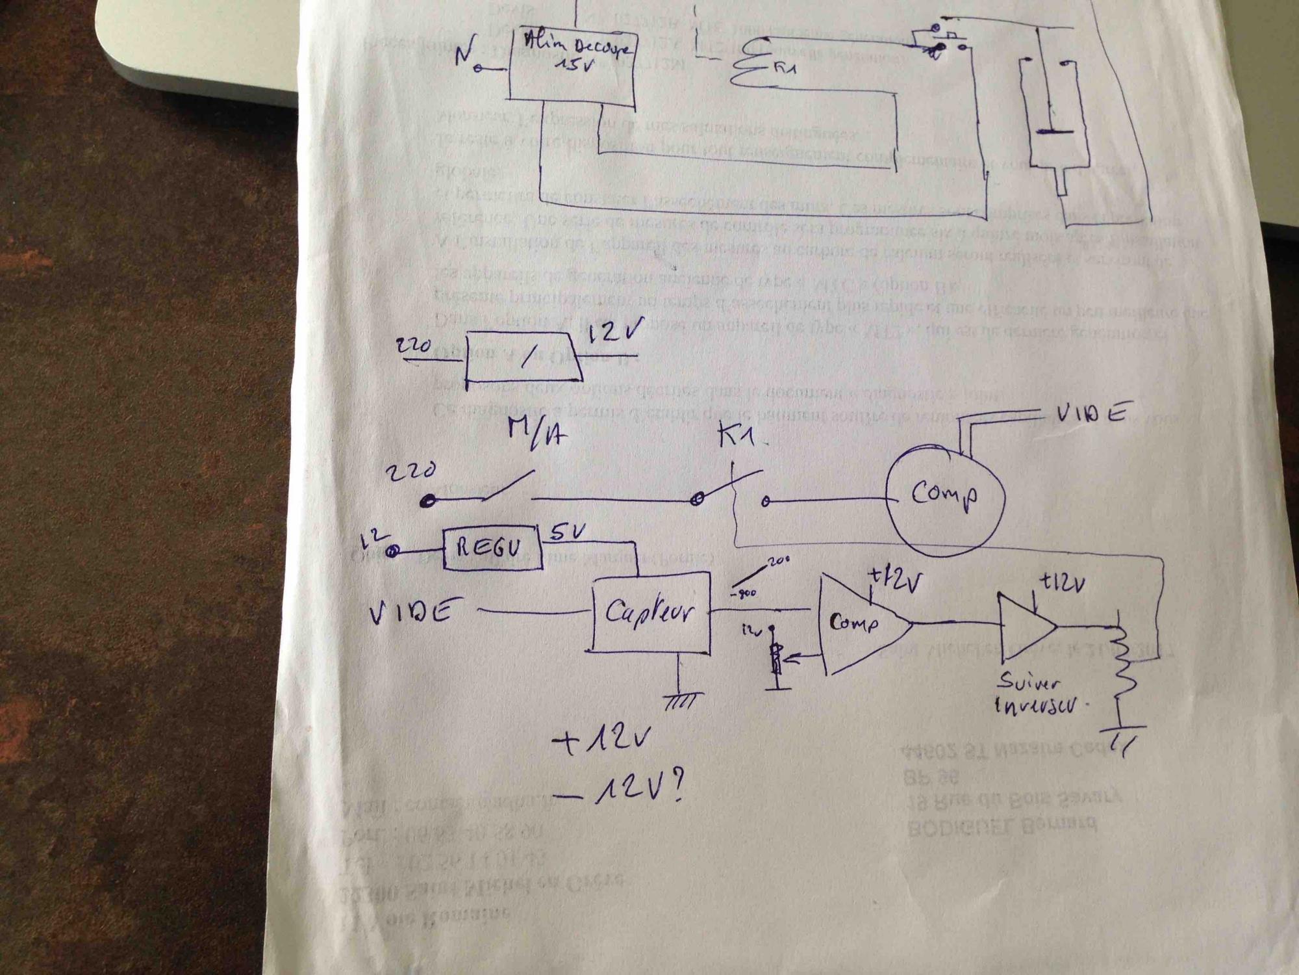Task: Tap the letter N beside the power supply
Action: [x=463, y=58]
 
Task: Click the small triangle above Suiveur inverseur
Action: [x=1026, y=627]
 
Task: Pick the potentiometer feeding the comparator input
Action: [x=774, y=660]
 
